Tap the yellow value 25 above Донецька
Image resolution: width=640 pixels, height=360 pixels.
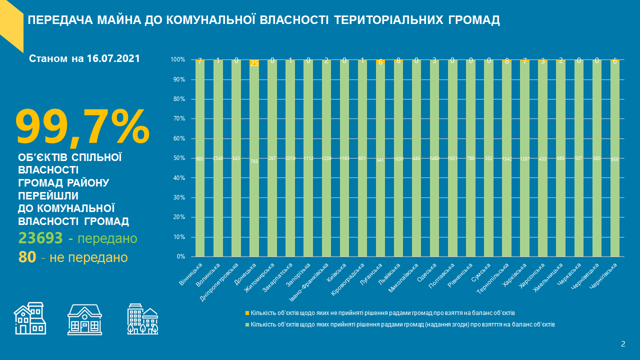(254, 63)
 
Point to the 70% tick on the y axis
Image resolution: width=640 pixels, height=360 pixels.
(179, 118)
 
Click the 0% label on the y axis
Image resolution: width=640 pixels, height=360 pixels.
(181, 256)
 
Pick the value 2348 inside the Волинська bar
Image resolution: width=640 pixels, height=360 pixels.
(218, 158)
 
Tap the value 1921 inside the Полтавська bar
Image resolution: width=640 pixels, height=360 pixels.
(452, 158)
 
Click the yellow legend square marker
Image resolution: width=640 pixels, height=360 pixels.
(246, 312)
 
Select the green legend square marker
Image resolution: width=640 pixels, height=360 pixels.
(246, 324)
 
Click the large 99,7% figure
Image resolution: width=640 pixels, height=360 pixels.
(82, 127)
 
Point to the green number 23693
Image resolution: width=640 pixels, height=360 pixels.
(40, 238)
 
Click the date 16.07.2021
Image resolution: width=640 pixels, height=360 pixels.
(113, 58)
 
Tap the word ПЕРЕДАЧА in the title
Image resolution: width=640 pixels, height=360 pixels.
(59, 20)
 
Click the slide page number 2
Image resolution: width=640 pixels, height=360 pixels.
(623, 343)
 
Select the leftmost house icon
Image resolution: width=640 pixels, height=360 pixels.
(29, 318)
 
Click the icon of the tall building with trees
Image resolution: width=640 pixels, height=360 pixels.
(142, 318)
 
